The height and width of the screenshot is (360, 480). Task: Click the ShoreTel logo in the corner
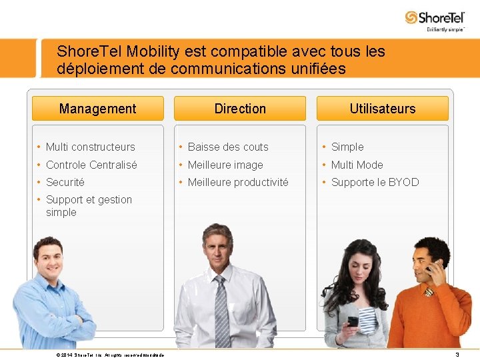pyautogui.click(x=435, y=19)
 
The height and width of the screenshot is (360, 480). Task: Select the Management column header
pyautogui.click(x=97, y=109)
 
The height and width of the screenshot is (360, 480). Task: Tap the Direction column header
pyautogui.click(x=240, y=109)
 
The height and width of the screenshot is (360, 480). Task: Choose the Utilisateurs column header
pyautogui.click(x=382, y=109)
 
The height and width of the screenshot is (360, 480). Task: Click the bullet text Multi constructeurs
pyautogui.click(x=90, y=147)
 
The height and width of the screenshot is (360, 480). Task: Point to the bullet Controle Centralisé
pyautogui.click(x=91, y=165)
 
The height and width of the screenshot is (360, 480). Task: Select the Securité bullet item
pyautogui.click(x=65, y=182)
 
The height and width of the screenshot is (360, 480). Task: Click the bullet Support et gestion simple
pyautogui.click(x=89, y=205)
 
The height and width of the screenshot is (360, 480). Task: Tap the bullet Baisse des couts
pyautogui.click(x=228, y=147)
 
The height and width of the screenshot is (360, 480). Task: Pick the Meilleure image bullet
pyautogui.click(x=225, y=165)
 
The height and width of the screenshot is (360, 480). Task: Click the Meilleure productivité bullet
pyautogui.click(x=238, y=182)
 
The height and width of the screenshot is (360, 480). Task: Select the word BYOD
pyautogui.click(x=405, y=182)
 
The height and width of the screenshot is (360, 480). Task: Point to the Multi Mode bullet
pyautogui.click(x=357, y=165)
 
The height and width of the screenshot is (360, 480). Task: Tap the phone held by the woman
pyautogui.click(x=353, y=321)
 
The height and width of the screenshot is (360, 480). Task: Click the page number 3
pyautogui.click(x=457, y=355)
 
